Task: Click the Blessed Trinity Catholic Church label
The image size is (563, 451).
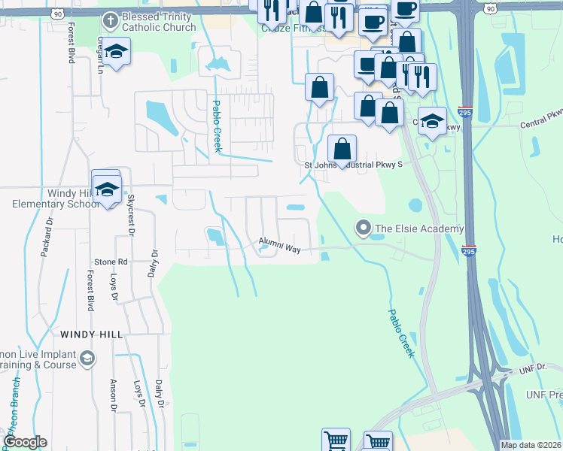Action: pos(159,24)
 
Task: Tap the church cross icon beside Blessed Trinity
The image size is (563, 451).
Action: pos(110,19)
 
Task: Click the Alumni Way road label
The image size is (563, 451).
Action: pos(280,243)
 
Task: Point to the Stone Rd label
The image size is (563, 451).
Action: pos(111,262)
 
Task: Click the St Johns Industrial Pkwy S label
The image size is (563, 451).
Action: pos(353,165)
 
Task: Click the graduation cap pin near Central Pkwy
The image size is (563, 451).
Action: pos(432,121)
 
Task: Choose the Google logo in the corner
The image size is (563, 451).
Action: pos(25,442)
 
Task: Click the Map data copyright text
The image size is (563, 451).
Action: pos(531,445)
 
